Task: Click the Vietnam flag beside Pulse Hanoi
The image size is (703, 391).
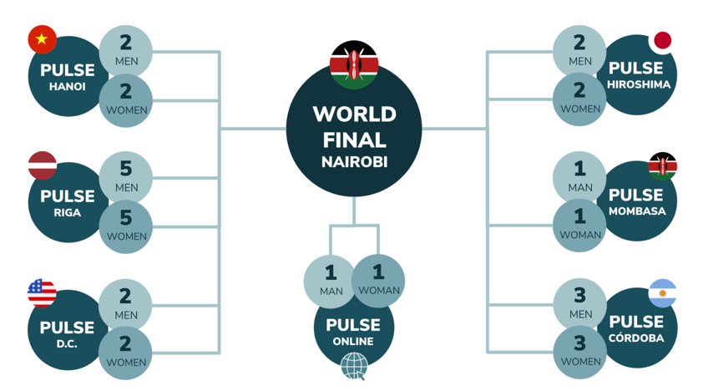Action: pyautogui.click(x=42, y=38)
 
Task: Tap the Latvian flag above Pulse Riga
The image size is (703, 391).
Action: pyautogui.click(x=43, y=165)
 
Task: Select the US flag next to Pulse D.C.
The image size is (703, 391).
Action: pyautogui.click(x=42, y=293)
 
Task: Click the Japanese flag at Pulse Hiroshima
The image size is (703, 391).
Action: pyautogui.click(x=662, y=40)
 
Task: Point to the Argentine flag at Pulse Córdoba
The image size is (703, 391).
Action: pyautogui.click(x=662, y=293)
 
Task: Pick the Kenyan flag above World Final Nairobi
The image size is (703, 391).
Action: pyautogui.click(x=354, y=64)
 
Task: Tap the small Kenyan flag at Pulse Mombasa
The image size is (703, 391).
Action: pyautogui.click(x=662, y=166)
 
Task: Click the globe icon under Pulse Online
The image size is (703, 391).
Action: pyautogui.click(x=354, y=365)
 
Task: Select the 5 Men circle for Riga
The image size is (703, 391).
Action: pyautogui.click(x=126, y=177)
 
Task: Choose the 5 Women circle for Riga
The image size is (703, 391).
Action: pyautogui.click(x=126, y=226)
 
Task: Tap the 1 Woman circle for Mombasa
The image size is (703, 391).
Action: pyautogui.click(x=579, y=224)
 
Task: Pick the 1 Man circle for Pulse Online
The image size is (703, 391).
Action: pyautogui.click(x=331, y=279)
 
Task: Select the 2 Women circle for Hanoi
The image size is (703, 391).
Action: pyautogui.click(x=126, y=99)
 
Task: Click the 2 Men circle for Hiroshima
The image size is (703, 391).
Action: pyautogui.click(x=579, y=50)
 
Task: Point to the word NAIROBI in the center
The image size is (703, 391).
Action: pyautogui.click(x=354, y=162)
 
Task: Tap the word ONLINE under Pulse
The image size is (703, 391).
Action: pyautogui.click(x=354, y=341)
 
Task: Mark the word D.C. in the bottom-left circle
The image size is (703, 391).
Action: pyautogui.click(x=67, y=343)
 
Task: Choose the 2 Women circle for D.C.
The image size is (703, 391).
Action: pyautogui.click(x=126, y=352)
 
